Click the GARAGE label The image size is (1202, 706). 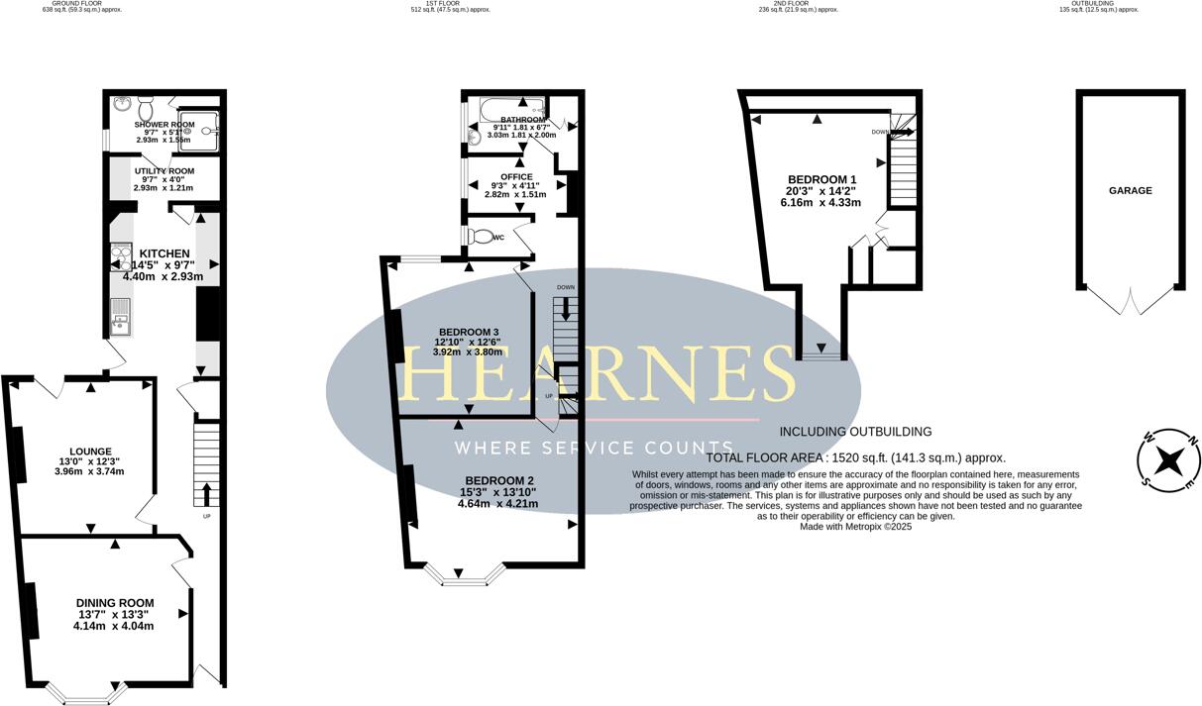point(1130,190)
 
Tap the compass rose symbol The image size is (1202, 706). point(1170,461)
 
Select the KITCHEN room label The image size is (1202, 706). point(164,253)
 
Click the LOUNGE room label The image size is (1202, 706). point(89,452)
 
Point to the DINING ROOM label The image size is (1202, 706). point(115,603)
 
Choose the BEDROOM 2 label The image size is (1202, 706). point(497,480)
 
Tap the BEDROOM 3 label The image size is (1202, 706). point(467,332)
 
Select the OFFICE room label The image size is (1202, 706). point(515,177)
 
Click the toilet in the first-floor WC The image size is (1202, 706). point(482,237)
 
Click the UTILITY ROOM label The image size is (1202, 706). point(164,171)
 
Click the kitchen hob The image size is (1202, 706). point(122,258)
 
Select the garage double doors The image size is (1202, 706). point(1131,300)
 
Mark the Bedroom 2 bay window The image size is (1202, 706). point(465,575)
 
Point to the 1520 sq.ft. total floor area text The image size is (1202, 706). point(855,457)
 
